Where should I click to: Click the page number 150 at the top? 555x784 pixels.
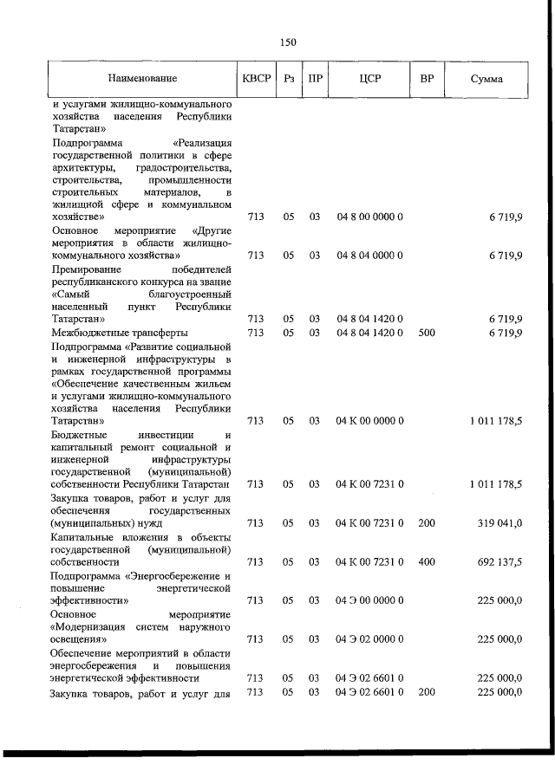click(289, 42)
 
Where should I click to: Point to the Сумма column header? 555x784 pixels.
click(487, 79)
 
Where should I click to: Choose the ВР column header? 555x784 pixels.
click(427, 79)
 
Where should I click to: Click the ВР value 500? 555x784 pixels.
click(426, 332)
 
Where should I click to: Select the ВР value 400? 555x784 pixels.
click(426, 561)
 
